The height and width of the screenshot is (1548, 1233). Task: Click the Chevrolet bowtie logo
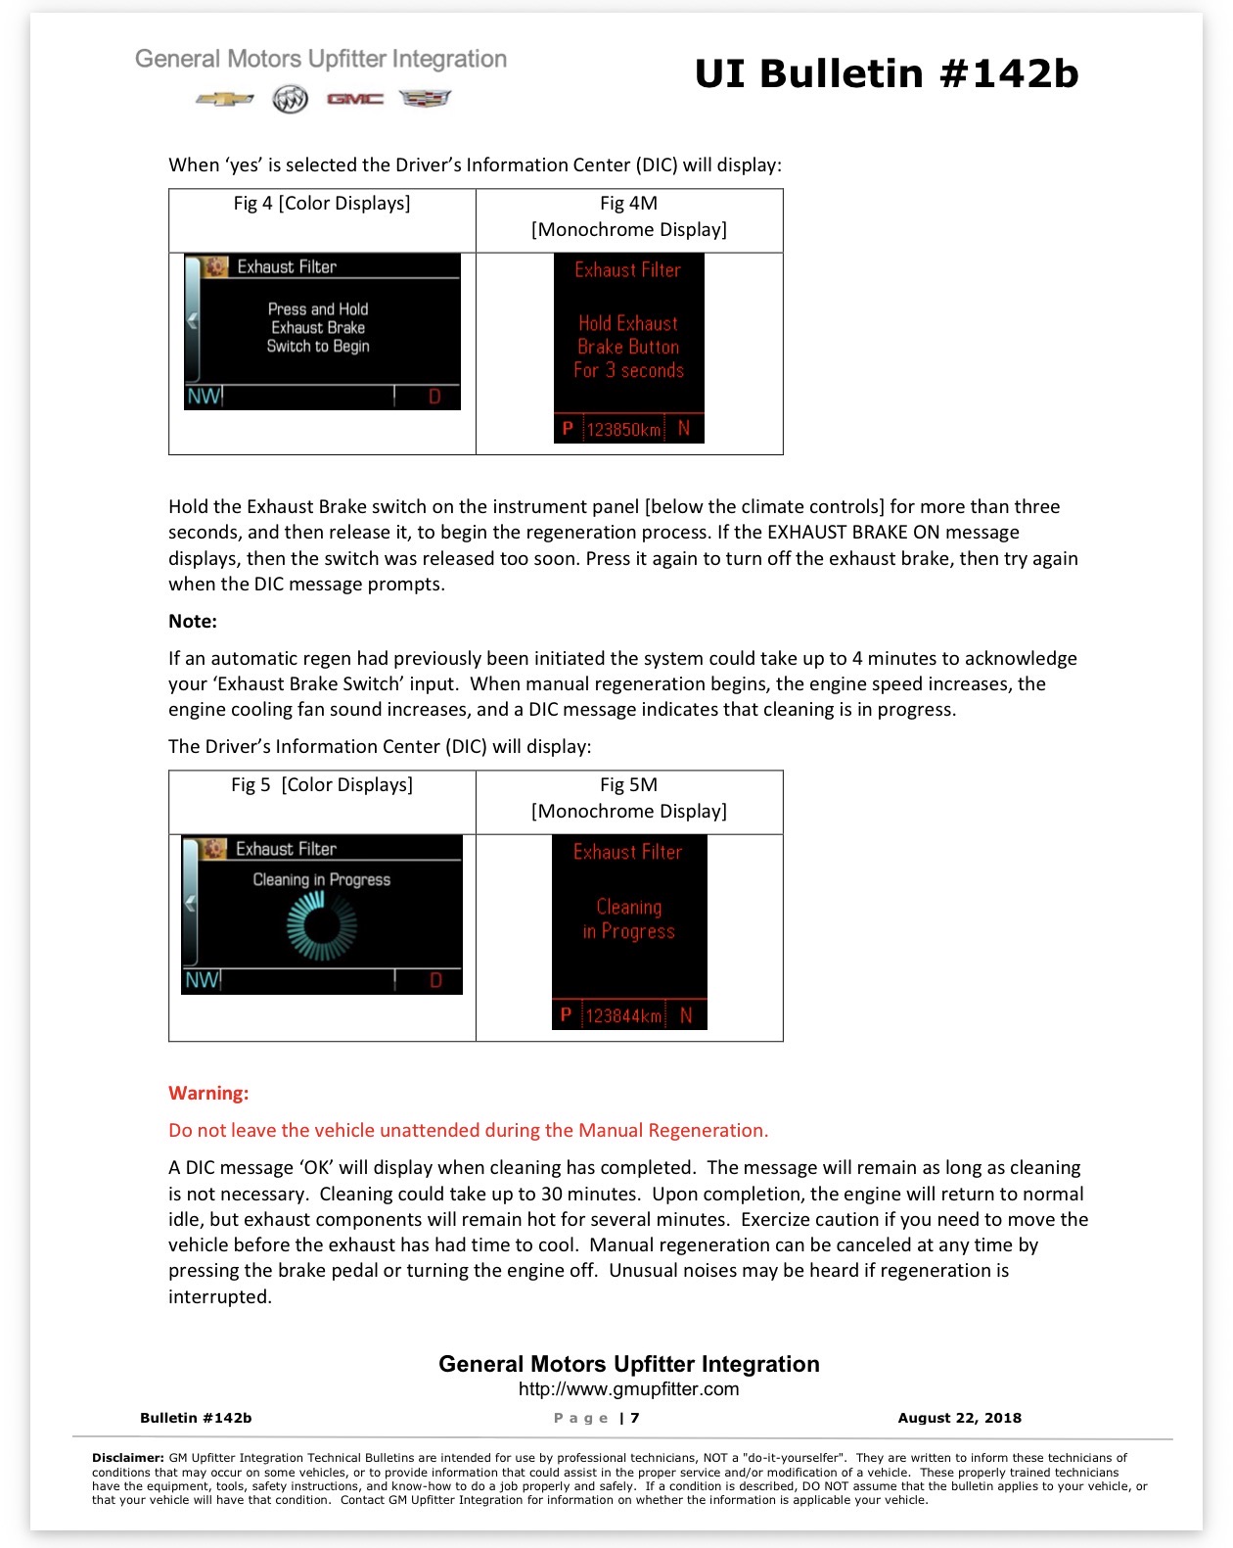[x=224, y=99]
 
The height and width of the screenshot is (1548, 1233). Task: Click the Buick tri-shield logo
[x=290, y=99]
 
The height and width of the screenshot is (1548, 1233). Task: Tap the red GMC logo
[x=355, y=99]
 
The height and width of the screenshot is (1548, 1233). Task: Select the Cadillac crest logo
[x=424, y=98]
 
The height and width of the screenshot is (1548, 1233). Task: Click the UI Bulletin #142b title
[x=887, y=73]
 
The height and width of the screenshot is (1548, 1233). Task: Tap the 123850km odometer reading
[x=623, y=430]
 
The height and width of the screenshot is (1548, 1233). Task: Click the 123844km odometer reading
[x=622, y=1015]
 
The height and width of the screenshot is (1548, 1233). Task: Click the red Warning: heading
[x=208, y=1093]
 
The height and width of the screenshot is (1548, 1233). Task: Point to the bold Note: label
[x=193, y=621]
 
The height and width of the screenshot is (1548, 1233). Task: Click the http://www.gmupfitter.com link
[x=628, y=1388]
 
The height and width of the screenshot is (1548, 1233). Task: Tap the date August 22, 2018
[x=959, y=1418]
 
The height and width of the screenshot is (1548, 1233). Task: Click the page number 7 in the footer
[x=635, y=1418]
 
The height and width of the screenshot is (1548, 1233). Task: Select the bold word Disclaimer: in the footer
[x=128, y=1457]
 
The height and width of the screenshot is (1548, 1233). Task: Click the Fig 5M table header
[x=628, y=798]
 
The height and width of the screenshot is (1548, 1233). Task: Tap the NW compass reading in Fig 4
[x=204, y=397]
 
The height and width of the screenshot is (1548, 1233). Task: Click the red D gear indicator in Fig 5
[x=435, y=980]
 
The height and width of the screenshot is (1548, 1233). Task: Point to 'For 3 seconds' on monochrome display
[x=628, y=370]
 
